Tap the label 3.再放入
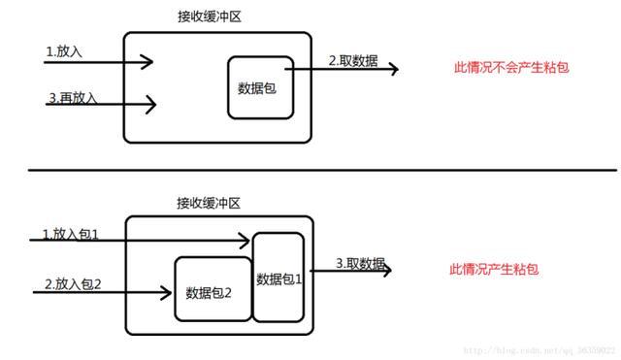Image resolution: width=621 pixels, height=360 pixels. pos(71,98)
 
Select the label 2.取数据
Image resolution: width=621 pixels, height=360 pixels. pos(352,59)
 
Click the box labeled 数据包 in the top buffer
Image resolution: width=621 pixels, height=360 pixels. pos(260,87)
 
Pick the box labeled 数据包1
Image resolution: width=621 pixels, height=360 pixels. pos(279,278)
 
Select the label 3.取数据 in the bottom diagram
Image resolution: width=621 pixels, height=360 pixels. pos(360,263)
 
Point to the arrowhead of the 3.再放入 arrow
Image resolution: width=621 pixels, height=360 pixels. pos(151,102)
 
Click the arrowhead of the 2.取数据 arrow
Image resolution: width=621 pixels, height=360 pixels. pos(393,69)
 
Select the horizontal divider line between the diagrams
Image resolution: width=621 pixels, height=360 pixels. pos(310,170)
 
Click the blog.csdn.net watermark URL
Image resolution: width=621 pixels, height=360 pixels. pos(538,347)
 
